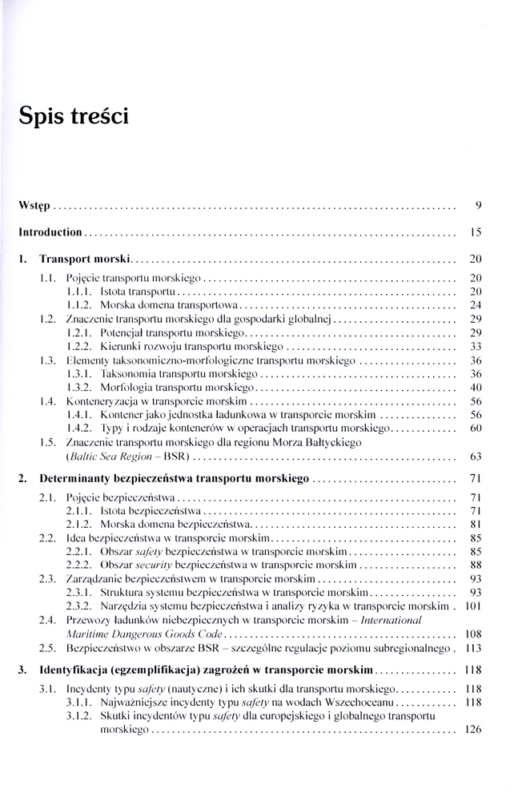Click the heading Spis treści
tap(74, 116)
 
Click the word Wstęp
tap(34, 206)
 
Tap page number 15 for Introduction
tap(475, 233)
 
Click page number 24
tap(475, 305)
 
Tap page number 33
tap(475, 347)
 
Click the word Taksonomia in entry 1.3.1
tap(129, 374)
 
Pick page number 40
tap(475, 388)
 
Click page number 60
tap(475, 429)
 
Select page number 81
tap(475, 524)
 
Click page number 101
tap(472, 606)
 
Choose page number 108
tap(472, 634)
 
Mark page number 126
tap(472, 730)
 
